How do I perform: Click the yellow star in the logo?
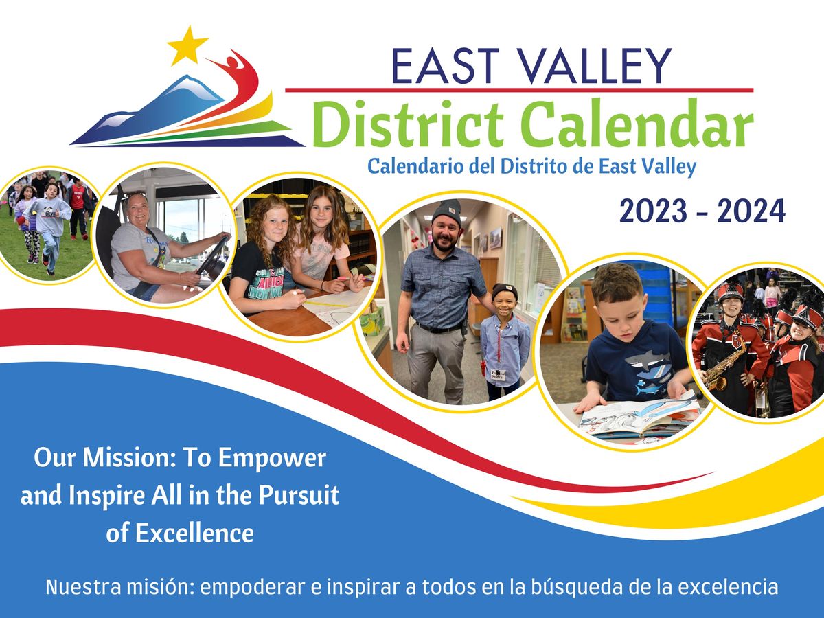(187, 45)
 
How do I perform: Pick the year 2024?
(751, 211)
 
